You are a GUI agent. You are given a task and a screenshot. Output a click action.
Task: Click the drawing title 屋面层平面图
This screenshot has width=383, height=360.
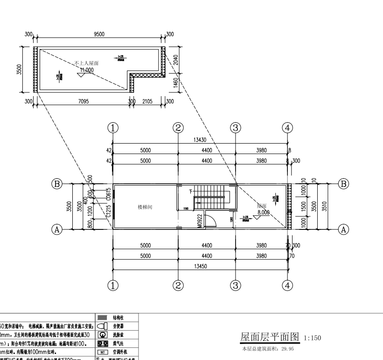coord(270,337)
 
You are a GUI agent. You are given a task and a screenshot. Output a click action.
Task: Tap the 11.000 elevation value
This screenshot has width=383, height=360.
coord(87,70)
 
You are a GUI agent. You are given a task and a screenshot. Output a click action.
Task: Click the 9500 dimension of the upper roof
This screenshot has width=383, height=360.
coord(99,34)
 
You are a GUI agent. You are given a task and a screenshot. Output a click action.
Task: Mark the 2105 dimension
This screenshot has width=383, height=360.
coord(147,101)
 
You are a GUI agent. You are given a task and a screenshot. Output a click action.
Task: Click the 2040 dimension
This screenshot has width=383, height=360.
coord(175,60)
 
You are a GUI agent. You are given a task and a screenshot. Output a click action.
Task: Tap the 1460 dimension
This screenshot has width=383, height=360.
coord(175,83)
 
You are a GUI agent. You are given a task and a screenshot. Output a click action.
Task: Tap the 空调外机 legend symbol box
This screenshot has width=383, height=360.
coord(102,352)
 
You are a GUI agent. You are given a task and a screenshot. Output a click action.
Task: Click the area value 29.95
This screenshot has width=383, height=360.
coord(287,348)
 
